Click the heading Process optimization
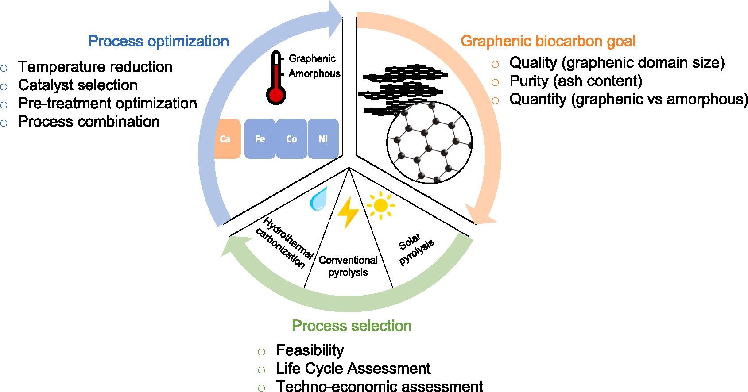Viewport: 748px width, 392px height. point(159,41)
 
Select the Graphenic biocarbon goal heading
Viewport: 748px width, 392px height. point(548,41)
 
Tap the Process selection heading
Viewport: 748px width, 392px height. point(352,326)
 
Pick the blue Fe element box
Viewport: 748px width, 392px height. point(260,139)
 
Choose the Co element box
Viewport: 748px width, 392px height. point(291,139)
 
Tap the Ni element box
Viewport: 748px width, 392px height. point(323,139)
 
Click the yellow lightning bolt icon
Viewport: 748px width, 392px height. point(348,212)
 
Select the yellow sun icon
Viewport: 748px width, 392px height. point(380,205)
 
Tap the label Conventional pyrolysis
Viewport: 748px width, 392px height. point(348,266)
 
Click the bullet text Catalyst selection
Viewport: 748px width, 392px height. point(78,85)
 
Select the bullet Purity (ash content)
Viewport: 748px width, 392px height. point(576,81)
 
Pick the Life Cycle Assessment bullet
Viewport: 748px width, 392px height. point(353,368)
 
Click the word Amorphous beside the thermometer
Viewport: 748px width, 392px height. point(314,73)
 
